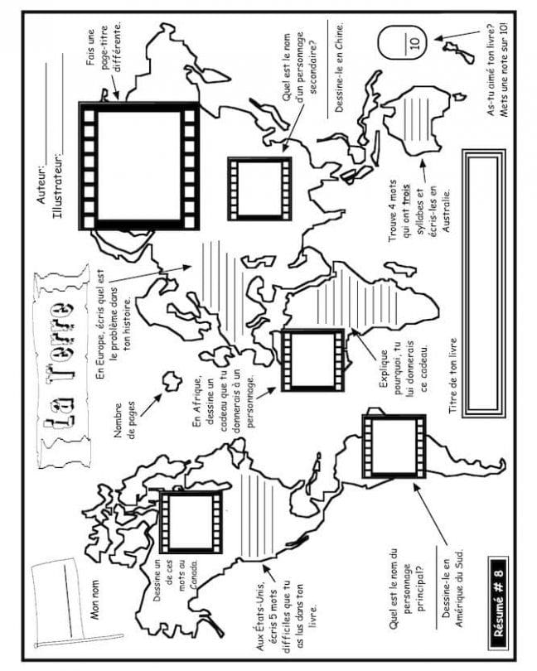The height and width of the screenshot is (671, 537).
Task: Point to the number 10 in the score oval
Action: [414, 43]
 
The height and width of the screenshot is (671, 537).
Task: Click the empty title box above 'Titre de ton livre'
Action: [484, 283]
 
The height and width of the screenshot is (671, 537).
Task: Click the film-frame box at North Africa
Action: [312, 360]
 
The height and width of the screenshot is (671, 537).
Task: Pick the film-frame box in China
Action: [259, 188]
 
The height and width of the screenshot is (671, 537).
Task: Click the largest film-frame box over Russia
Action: [138, 166]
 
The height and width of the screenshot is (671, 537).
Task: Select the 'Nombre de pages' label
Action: [124, 420]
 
